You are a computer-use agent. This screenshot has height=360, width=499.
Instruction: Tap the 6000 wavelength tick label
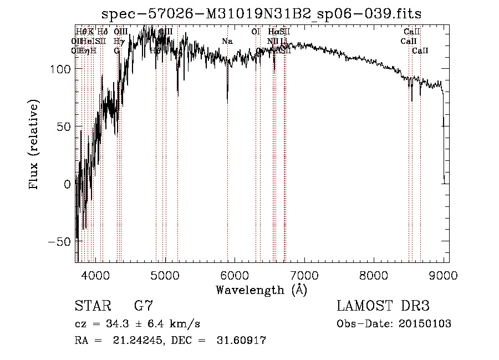point(235,273)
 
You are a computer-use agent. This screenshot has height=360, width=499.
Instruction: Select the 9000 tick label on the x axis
point(444,273)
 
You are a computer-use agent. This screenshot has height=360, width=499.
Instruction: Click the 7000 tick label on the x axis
point(305,273)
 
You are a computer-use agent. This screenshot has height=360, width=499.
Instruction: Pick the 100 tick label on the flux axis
point(59,69)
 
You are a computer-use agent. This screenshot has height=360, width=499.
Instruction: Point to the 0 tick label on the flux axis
point(67,184)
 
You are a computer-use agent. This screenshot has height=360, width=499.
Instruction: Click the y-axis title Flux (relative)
point(34,145)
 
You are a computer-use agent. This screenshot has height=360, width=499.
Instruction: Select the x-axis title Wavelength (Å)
point(261,290)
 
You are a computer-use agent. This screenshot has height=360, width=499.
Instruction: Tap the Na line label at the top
point(227,41)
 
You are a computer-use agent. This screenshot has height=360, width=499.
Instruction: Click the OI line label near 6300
point(256,32)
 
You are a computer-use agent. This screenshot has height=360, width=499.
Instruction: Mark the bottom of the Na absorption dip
point(227,102)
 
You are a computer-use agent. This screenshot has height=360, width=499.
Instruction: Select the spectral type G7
point(143,306)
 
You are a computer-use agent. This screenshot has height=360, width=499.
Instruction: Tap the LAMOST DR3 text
point(383,306)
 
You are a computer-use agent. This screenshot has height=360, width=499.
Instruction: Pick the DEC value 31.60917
point(242,341)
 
